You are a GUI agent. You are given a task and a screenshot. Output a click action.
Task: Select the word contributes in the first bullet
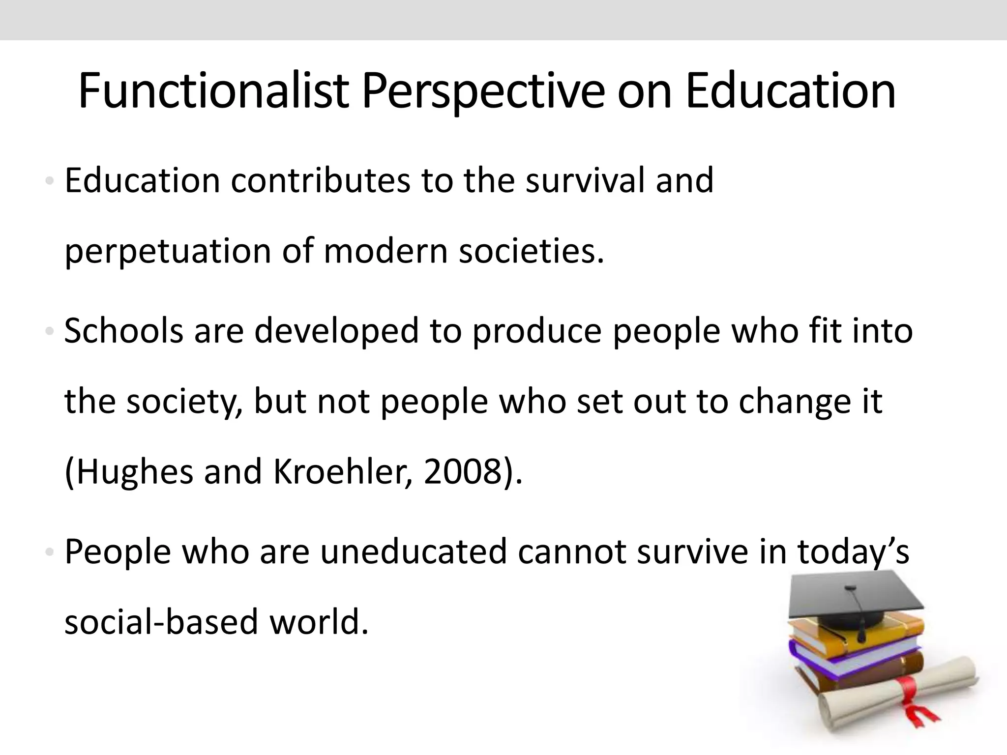click(320, 180)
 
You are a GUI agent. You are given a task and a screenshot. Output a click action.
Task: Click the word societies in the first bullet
click(531, 251)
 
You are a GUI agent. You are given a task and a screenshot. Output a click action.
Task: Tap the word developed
click(336, 331)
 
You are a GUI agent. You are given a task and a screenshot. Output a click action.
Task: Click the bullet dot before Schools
click(49, 332)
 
